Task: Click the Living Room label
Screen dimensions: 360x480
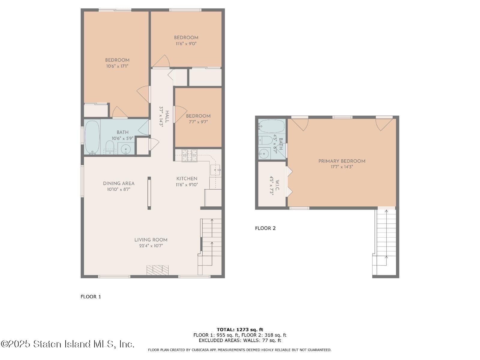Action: click(x=151, y=240)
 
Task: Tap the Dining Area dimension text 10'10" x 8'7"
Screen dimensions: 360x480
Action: click(x=118, y=190)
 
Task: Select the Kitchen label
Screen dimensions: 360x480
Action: click(x=187, y=178)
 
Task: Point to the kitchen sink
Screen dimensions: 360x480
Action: click(x=215, y=170)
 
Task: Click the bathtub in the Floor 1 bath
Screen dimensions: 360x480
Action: click(x=92, y=137)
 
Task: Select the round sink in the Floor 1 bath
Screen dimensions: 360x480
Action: click(x=126, y=149)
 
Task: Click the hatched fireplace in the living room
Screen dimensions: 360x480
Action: click(x=157, y=270)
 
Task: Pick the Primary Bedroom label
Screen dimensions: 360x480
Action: click(x=342, y=161)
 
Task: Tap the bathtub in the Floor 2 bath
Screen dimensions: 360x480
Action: click(x=271, y=126)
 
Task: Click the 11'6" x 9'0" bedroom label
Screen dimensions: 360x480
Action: click(x=186, y=38)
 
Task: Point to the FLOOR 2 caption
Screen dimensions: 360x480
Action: click(x=265, y=228)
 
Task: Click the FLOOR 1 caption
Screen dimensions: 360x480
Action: click(x=91, y=297)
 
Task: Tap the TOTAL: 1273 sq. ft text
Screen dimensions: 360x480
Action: click(x=240, y=329)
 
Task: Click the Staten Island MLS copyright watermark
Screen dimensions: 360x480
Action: click(x=67, y=344)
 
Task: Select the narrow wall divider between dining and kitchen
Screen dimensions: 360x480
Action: click(x=149, y=193)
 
